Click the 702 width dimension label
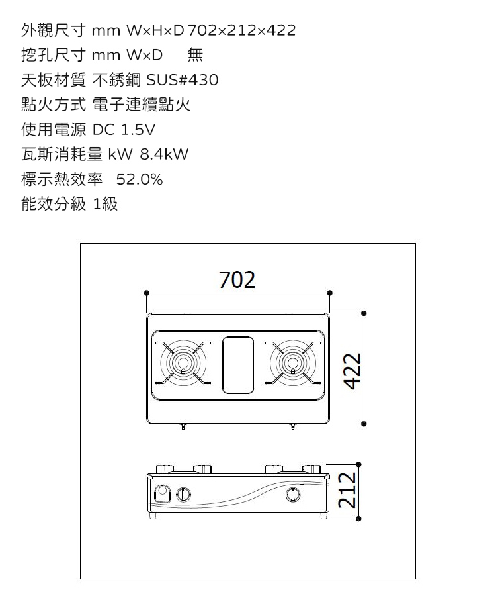pos(237,281)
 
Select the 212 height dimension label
pos(347,491)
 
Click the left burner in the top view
pos(182,363)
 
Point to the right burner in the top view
pos(292,363)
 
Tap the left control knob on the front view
pos(185,494)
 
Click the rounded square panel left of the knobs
pos(162,494)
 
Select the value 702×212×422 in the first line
pos(242,30)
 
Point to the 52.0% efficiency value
pos(140,179)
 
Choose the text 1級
pos(106,204)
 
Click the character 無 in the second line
pos(196,56)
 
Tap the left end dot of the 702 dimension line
pos(146,292)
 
